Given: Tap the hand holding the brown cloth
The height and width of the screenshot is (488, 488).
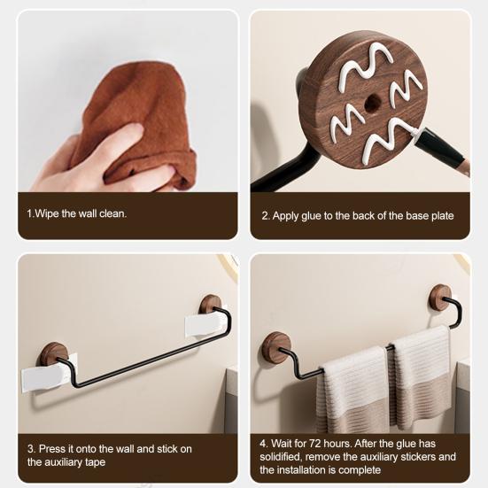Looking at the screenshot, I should coord(97,164).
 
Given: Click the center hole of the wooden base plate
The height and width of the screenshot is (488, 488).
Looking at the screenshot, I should coord(372,103).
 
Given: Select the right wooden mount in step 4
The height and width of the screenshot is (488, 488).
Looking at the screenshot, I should coord(439,297).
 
